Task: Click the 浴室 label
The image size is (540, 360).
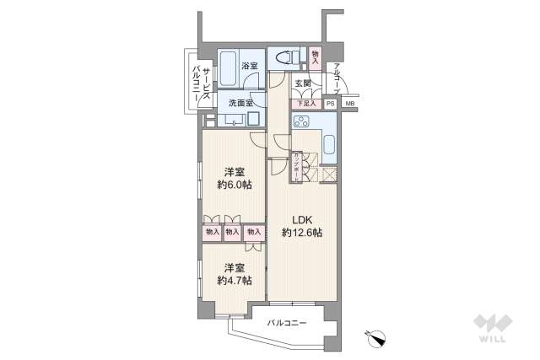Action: click(250, 65)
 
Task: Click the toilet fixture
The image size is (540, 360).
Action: click(287, 58)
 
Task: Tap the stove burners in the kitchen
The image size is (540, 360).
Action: click(302, 121)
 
